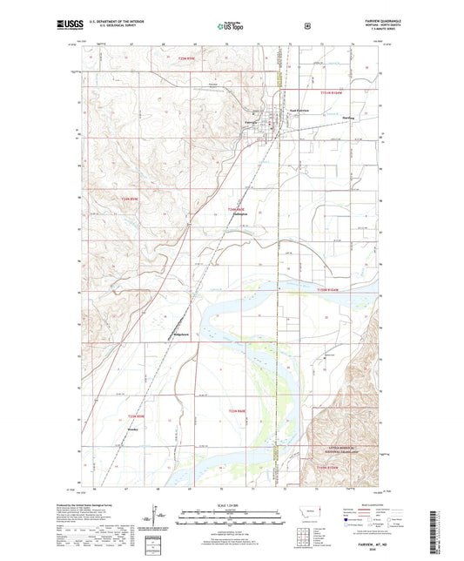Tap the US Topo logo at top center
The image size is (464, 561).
(232, 27)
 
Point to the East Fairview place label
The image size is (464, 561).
(299, 111)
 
